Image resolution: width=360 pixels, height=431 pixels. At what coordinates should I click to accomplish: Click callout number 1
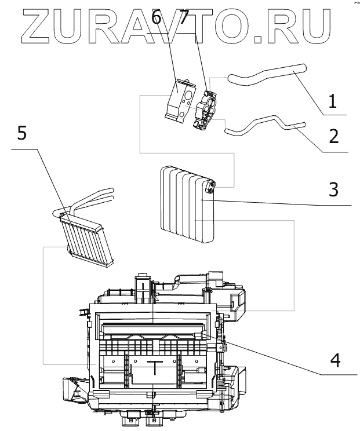click(x=332, y=102)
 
